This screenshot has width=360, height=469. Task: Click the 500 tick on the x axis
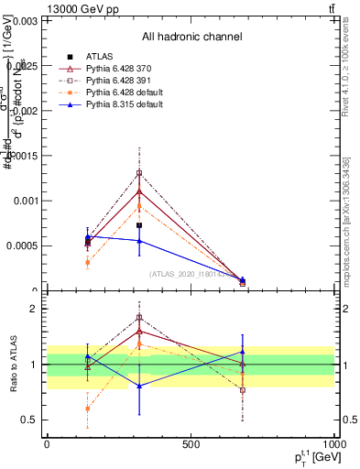pos(191,444)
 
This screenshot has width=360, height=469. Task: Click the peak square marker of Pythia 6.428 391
pos(139,173)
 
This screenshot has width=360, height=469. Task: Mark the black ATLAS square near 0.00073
pos(139,225)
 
